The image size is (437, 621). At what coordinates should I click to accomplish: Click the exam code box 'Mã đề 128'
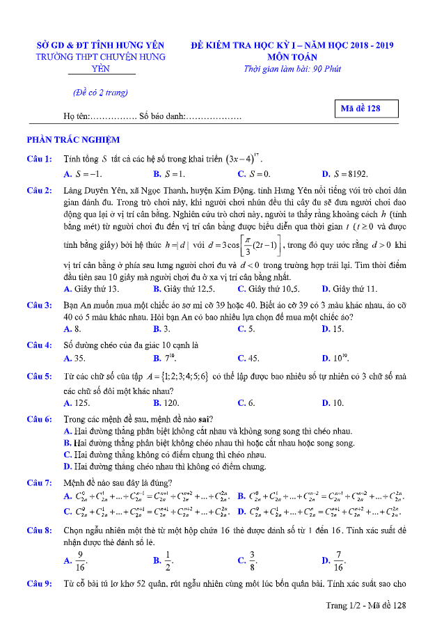point(366,109)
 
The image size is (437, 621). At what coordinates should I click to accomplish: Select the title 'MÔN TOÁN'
point(292,57)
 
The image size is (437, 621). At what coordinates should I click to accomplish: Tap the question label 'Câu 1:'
point(39,159)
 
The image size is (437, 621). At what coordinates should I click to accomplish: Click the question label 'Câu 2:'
point(39,190)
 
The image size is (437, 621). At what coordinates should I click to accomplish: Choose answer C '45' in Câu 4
point(248,359)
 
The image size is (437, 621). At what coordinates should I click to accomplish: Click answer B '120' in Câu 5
point(166,403)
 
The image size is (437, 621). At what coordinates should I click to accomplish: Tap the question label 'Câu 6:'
point(39,420)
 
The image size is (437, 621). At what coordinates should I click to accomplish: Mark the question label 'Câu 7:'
point(39,482)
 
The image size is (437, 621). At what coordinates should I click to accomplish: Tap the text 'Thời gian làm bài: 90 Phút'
point(292,69)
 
